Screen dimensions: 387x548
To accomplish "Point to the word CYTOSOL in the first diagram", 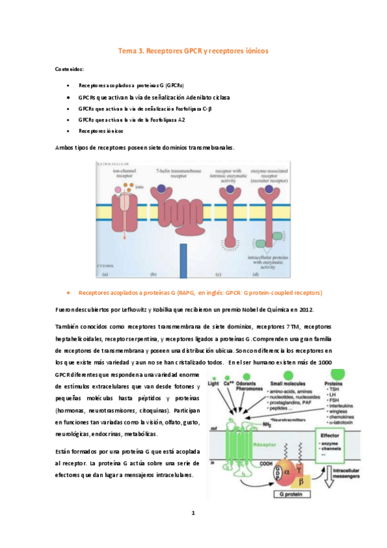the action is click(x=103, y=265).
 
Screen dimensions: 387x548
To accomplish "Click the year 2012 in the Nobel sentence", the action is click(x=305, y=310).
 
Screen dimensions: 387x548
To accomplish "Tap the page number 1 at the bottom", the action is click(x=193, y=514).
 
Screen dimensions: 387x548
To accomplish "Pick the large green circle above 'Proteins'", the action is click(x=350, y=372).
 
